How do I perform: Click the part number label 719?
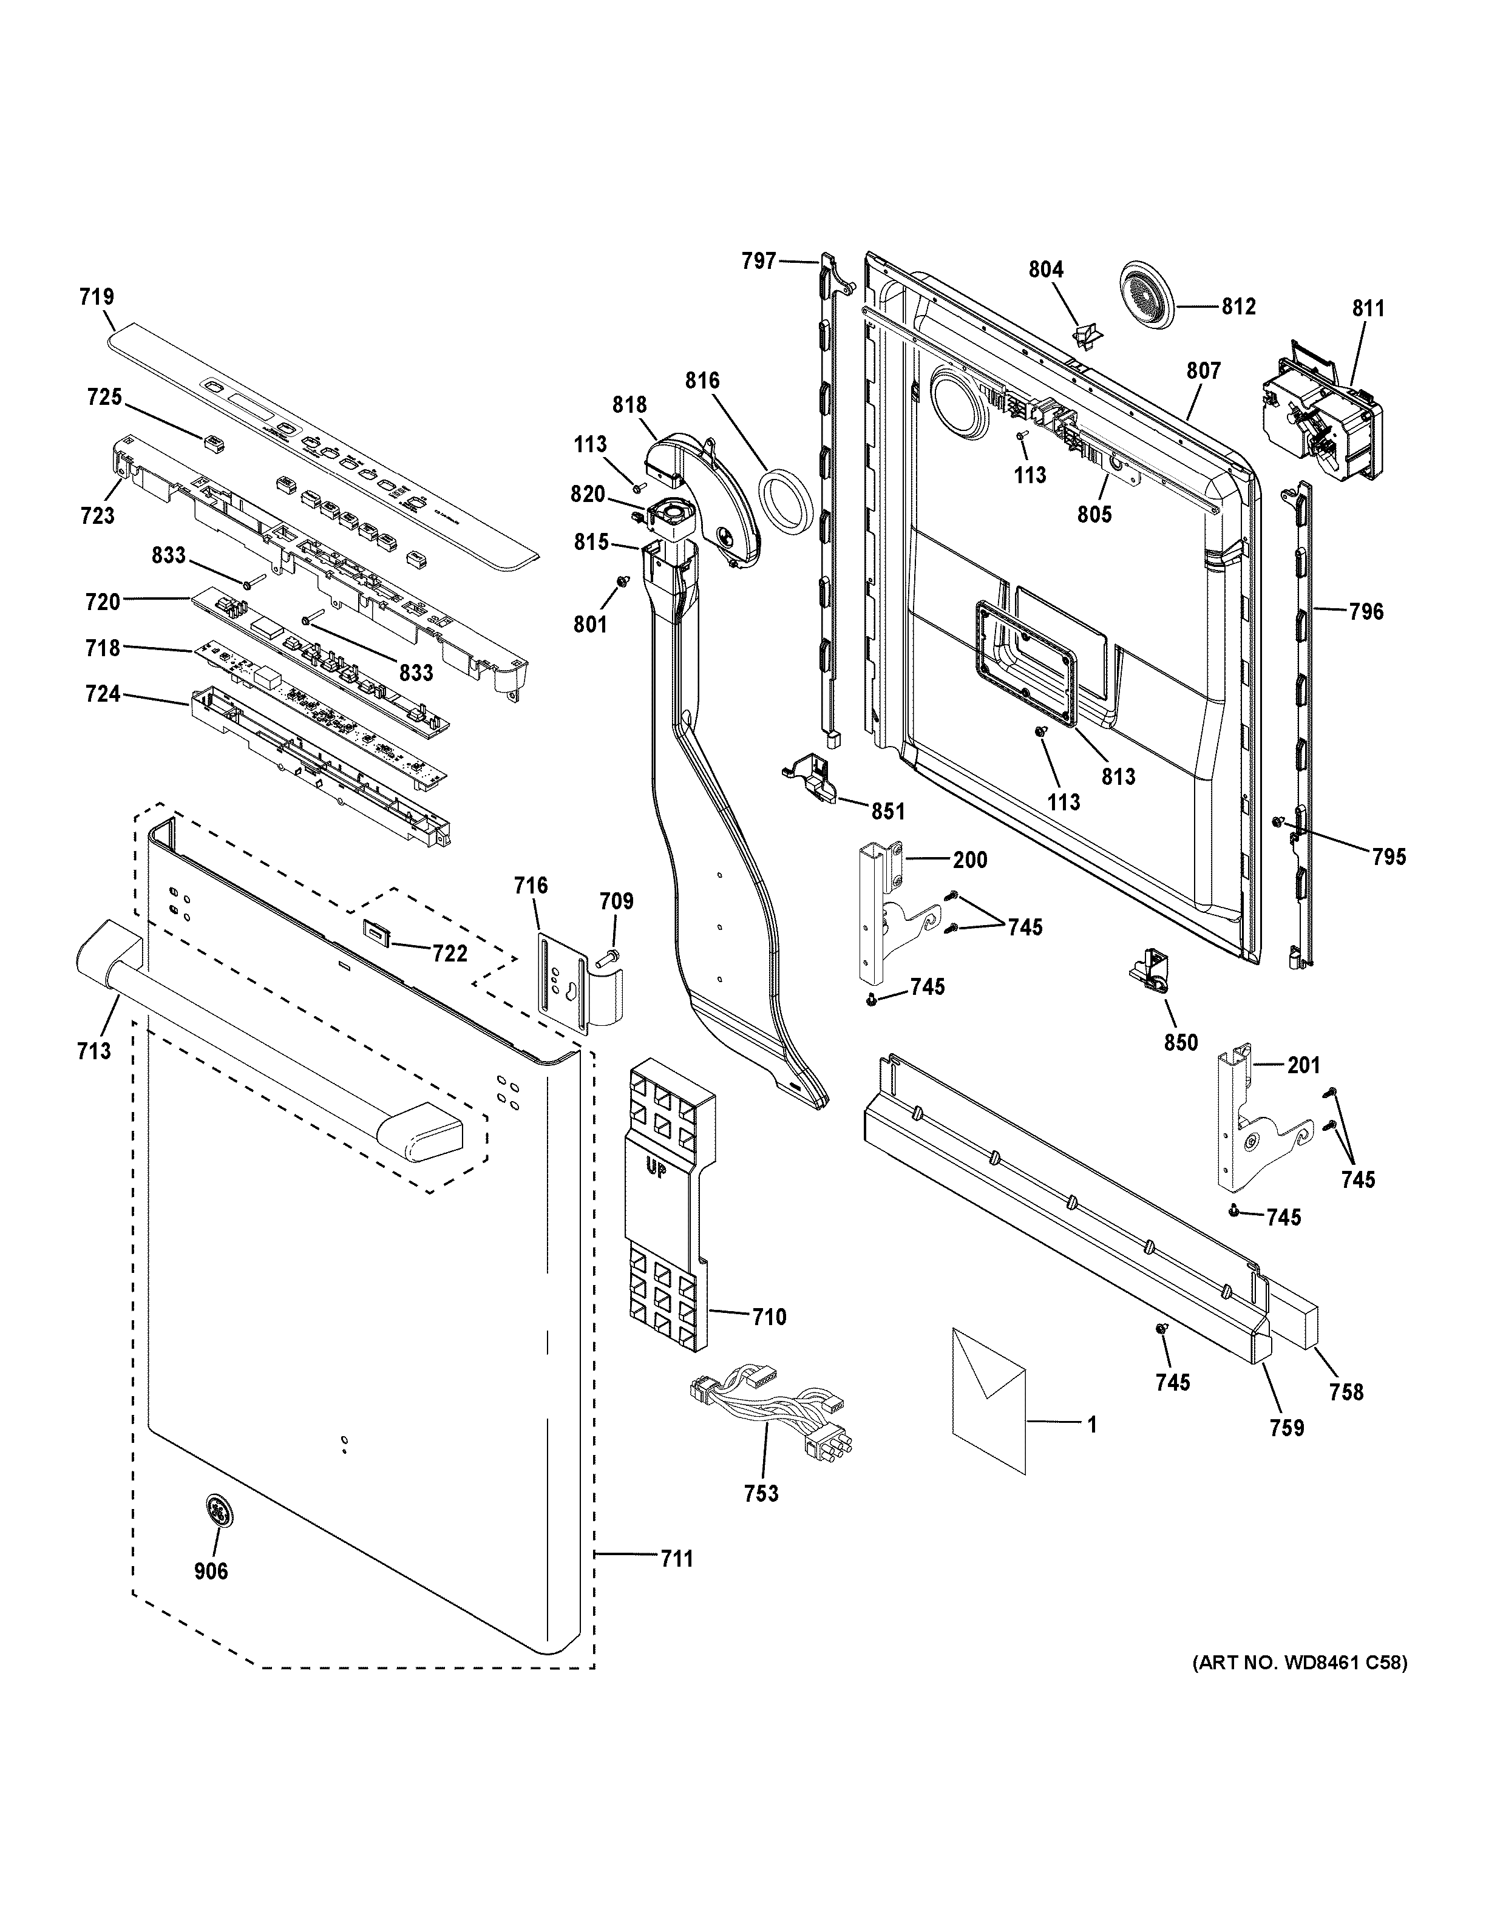point(97,297)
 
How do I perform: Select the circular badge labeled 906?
point(215,1512)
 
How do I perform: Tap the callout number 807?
point(1203,371)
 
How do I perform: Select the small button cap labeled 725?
point(211,439)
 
